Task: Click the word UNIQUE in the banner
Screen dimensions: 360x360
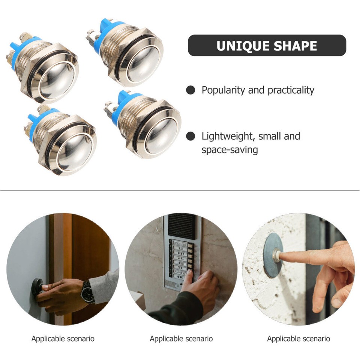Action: (x=241, y=46)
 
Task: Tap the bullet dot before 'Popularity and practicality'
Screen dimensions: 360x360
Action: (x=191, y=90)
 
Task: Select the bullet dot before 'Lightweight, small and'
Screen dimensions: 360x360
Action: (x=191, y=136)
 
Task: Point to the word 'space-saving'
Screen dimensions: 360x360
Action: (x=229, y=150)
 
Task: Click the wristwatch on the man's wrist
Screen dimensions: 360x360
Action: (x=88, y=291)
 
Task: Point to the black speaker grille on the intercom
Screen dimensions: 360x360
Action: (x=182, y=226)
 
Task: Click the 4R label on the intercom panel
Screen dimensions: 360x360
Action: (x=180, y=277)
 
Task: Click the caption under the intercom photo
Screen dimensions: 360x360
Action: (x=181, y=339)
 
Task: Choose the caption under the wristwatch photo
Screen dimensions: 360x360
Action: (x=63, y=339)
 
